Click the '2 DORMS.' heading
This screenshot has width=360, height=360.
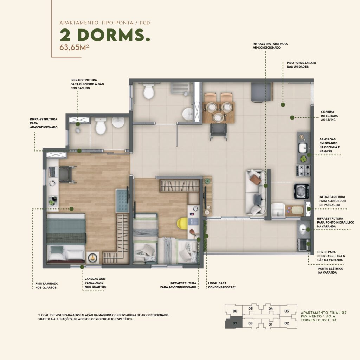click(105, 35)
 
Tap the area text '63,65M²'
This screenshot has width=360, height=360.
click(74, 47)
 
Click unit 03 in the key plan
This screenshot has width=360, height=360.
click(287, 311)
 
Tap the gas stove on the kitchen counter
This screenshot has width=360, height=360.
click(303, 170)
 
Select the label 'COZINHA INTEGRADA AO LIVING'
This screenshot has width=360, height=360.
click(329, 116)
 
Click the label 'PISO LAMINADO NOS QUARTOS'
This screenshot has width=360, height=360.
click(47, 285)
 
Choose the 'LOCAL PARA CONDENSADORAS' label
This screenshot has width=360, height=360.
click(222, 285)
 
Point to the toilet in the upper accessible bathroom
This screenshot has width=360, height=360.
click(149, 91)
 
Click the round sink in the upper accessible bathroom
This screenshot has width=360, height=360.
click(188, 114)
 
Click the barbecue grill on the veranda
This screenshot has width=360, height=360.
click(304, 245)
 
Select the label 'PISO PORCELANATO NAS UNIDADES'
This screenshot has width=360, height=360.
click(301, 65)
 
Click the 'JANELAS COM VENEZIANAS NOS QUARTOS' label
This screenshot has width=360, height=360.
click(95, 283)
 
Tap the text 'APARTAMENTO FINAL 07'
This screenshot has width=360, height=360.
click(323, 313)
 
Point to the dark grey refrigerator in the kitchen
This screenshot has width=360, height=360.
click(261, 92)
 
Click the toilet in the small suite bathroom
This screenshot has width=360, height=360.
click(101, 126)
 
